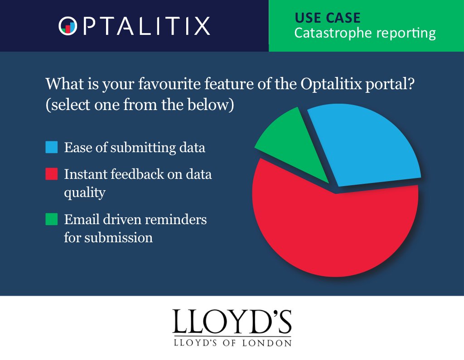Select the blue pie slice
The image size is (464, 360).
coord(367,145)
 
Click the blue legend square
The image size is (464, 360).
coord(52,148)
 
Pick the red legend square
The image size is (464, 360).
coord(52,174)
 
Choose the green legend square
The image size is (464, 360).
coord(52,219)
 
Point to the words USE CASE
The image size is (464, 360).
coord(328,18)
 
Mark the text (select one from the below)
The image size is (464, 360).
coord(140,105)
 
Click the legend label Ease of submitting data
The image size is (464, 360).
coord(135,148)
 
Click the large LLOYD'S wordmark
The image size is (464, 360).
coord(232,322)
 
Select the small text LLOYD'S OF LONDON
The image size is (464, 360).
coord(232,343)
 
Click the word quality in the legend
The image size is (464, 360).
coord(85,192)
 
